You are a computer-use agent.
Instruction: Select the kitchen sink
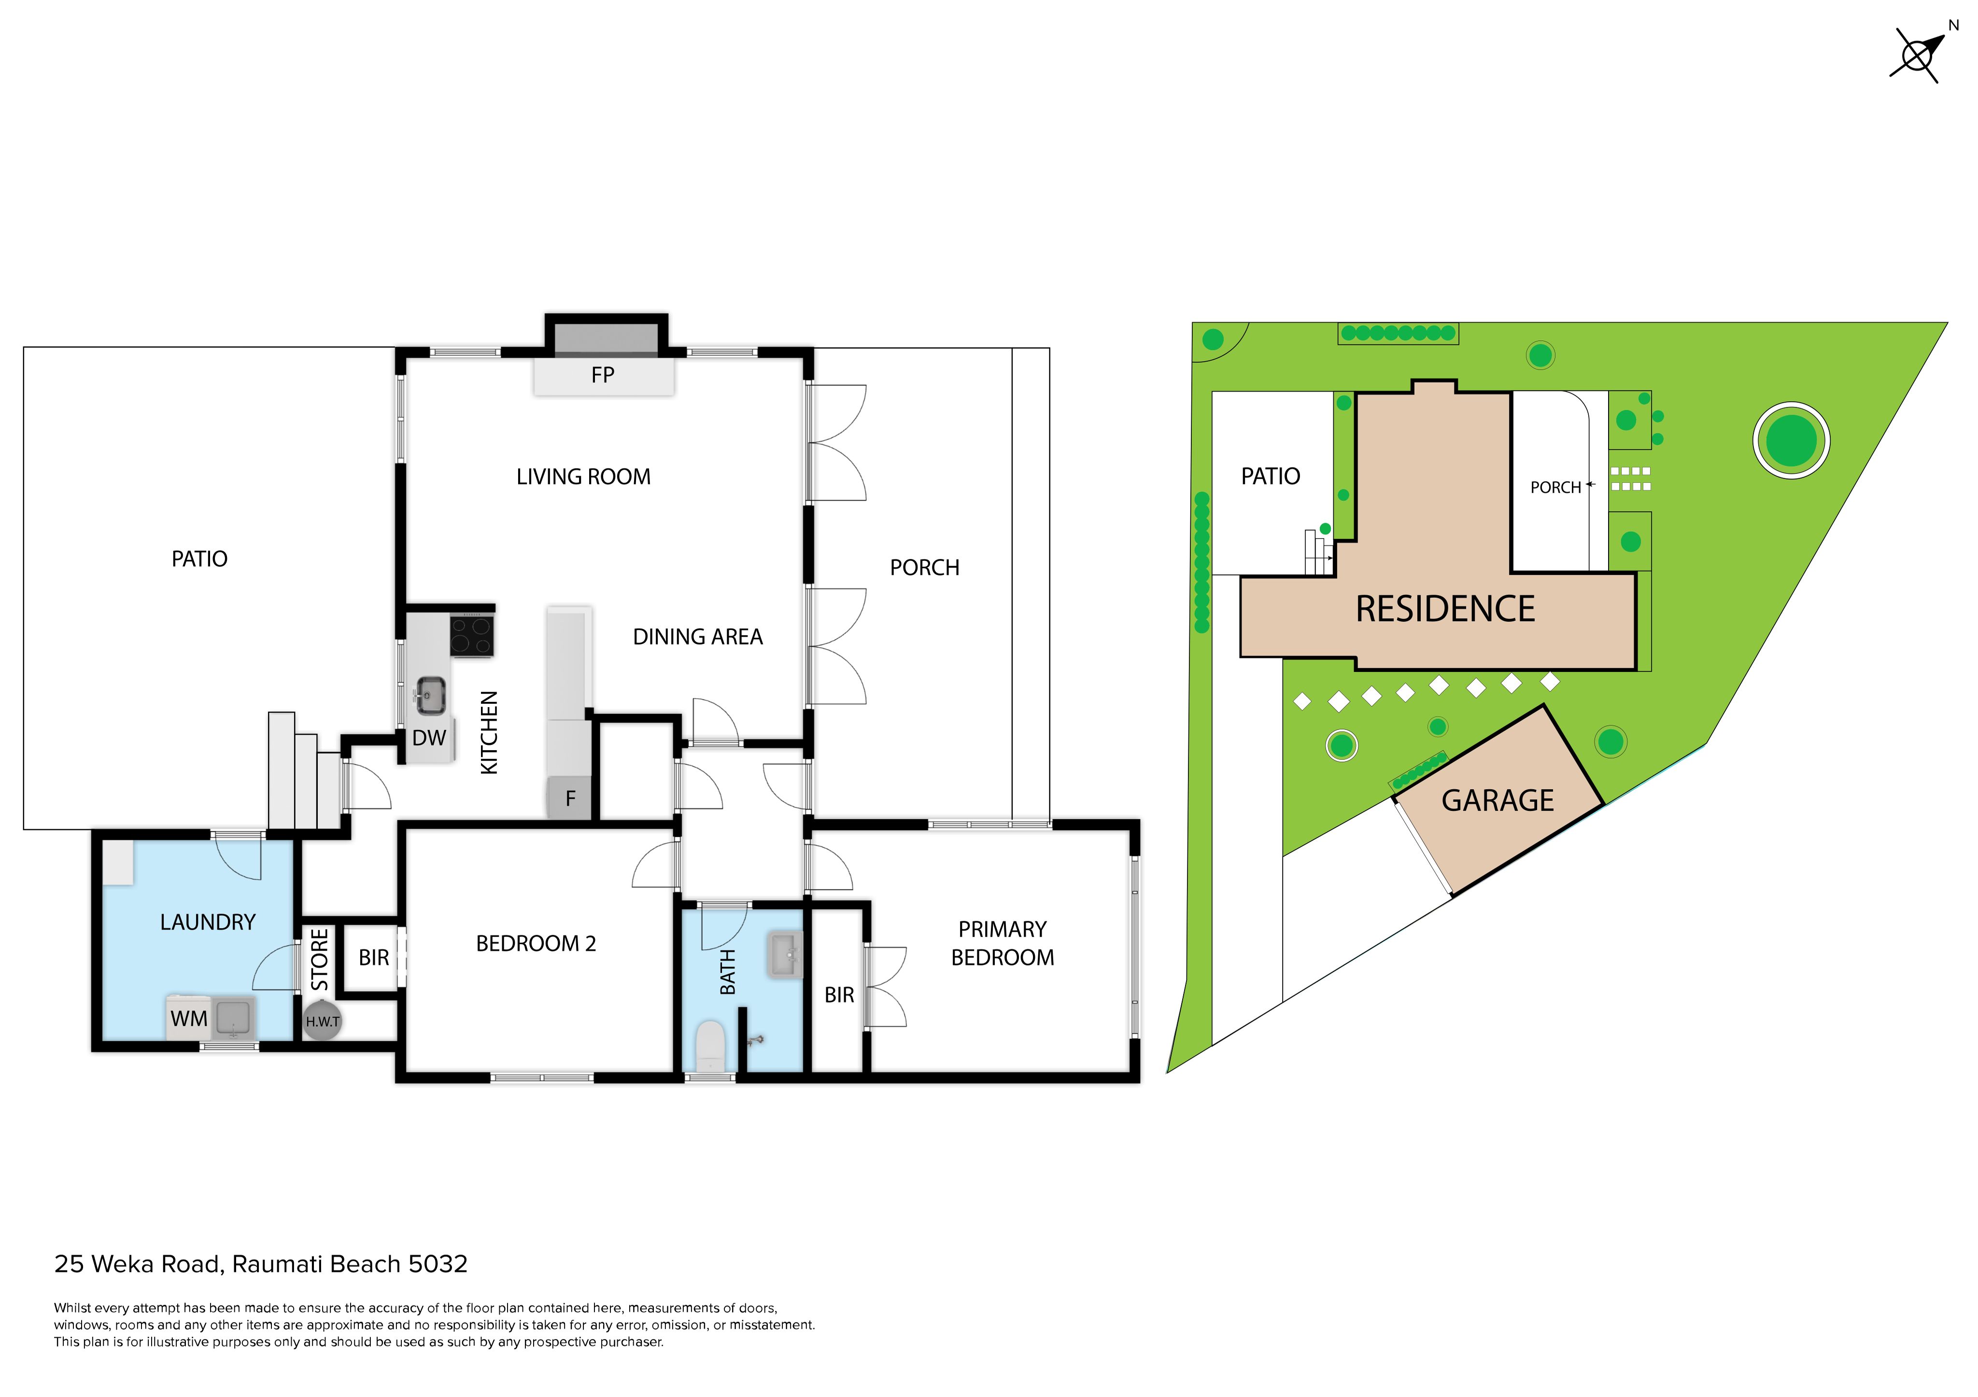coord(430,695)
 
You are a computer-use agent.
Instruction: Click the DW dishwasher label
coord(429,738)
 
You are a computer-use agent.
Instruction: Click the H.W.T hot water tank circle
coord(322,1020)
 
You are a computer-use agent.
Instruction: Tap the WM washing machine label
coord(189,1019)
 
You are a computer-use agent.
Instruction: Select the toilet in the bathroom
coord(710,1046)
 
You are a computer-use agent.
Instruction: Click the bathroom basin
coord(785,954)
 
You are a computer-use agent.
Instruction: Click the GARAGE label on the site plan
coord(1498,801)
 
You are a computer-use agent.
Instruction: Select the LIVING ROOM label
coord(583,476)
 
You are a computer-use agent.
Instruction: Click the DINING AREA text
coord(698,637)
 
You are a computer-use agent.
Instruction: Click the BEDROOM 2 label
coord(536,943)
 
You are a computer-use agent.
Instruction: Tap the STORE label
coord(320,960)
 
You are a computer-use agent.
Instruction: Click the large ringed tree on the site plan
coord(1791,440)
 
